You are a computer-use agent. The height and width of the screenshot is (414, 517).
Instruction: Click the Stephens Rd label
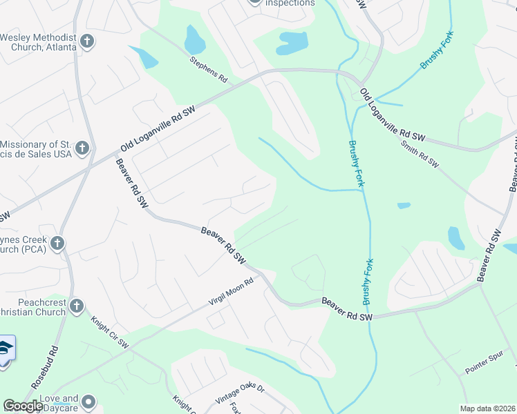pyautogui.click(x=208, y=68)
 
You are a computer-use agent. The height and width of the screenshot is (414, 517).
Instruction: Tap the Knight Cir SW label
pyautogui.click(x=109, y=332)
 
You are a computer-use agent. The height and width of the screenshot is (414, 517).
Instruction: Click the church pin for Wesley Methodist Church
pyautogui.click(x=87, y=41)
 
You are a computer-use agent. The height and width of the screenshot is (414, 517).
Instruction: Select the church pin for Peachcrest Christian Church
pyautogui.click(x=76, y=306)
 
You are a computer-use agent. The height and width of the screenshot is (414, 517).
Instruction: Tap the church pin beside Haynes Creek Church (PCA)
pyautogui.click(x=57, y=243)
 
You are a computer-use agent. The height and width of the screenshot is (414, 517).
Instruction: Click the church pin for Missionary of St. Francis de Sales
pyautogui.click(x=82, y=148)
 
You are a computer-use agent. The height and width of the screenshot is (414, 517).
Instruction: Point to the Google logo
pyautogui.click(x=22, y=406)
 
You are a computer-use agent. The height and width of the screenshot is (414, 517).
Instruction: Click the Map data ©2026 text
pyautogui.click(x=487, y=408)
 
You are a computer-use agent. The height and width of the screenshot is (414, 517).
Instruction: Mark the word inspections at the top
pyautogui.click(x=290, y=3)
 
